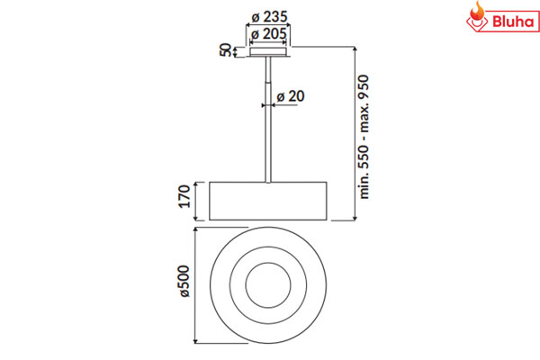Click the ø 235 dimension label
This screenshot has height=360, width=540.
pyautogui.click(x=269, y=16)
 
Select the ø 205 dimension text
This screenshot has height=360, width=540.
pyautogui.click(x=268, y=34)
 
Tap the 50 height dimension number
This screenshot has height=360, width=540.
pyautogui.click(x=225, y=50)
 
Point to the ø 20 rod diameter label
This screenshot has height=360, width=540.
pyautogui.click(x=291, y=96)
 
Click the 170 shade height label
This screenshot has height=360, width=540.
pyautogui.click(x=184, y=196)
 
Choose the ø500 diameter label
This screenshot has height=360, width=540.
pyautogui.click(x=184, y=281)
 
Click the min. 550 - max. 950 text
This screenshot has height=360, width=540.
pyautogui.click(x=364, y=137)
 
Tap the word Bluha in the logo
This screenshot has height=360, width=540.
pyautogui.click(x=513, y=22)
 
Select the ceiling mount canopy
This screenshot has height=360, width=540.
pyautogui.click(x=268, y=52)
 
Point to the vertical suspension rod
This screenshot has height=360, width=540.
pyautogui.click(x=268, y=119)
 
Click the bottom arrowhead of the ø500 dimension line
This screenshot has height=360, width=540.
pyautogui.click(x=195, y=341)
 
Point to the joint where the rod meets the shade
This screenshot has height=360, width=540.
pyautogui.click(x=268, y=182)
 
